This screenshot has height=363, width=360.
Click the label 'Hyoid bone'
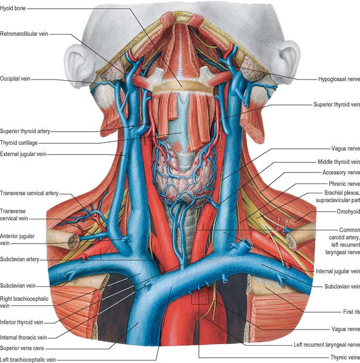(13, 8)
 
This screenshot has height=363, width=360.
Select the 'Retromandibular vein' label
(24, 34)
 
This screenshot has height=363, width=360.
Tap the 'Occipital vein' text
(15, 78)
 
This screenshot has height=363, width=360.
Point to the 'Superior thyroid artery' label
(25, 131)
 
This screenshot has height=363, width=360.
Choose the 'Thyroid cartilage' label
(18, 143)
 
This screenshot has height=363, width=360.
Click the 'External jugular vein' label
(23, 154)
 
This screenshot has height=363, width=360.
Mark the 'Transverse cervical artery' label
(29, 193)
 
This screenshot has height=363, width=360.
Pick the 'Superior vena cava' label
(22, 348)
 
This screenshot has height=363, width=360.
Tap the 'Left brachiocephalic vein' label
(28, 360)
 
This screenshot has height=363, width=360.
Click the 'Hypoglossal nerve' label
(339, 79)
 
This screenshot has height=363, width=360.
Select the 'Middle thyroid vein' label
(339, 162)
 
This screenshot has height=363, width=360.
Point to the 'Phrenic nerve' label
(344, 184)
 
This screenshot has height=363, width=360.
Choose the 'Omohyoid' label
(348, 211)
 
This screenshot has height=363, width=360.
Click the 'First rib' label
(351, 312)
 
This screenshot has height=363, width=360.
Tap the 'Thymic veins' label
(345, 357)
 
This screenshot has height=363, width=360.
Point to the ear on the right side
(287, 61)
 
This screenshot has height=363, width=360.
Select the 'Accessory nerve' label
(342, 173)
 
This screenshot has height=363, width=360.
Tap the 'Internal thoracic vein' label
(24, 338)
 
